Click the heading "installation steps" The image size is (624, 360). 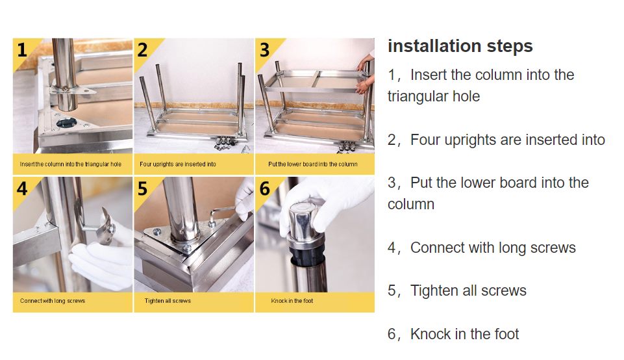pos(460,46)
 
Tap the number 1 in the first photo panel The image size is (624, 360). pos(22,50)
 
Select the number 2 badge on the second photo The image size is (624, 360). pos(142,50)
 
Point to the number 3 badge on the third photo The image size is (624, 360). pos(264,50)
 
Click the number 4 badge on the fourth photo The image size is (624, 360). pos(22,188)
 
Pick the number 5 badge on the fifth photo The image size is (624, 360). pos(142,188)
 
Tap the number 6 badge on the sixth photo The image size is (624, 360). pos(265,188)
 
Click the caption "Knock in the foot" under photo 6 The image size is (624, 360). pos(292,301)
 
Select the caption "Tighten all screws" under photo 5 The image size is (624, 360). pos(168,301)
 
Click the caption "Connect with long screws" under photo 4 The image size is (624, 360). pos(53,301)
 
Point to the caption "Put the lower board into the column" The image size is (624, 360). pos(313,164)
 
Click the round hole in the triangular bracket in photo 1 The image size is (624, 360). pos(66,123)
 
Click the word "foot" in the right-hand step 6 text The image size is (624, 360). pos(506,334)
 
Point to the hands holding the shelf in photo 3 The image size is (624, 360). pos(365,73)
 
